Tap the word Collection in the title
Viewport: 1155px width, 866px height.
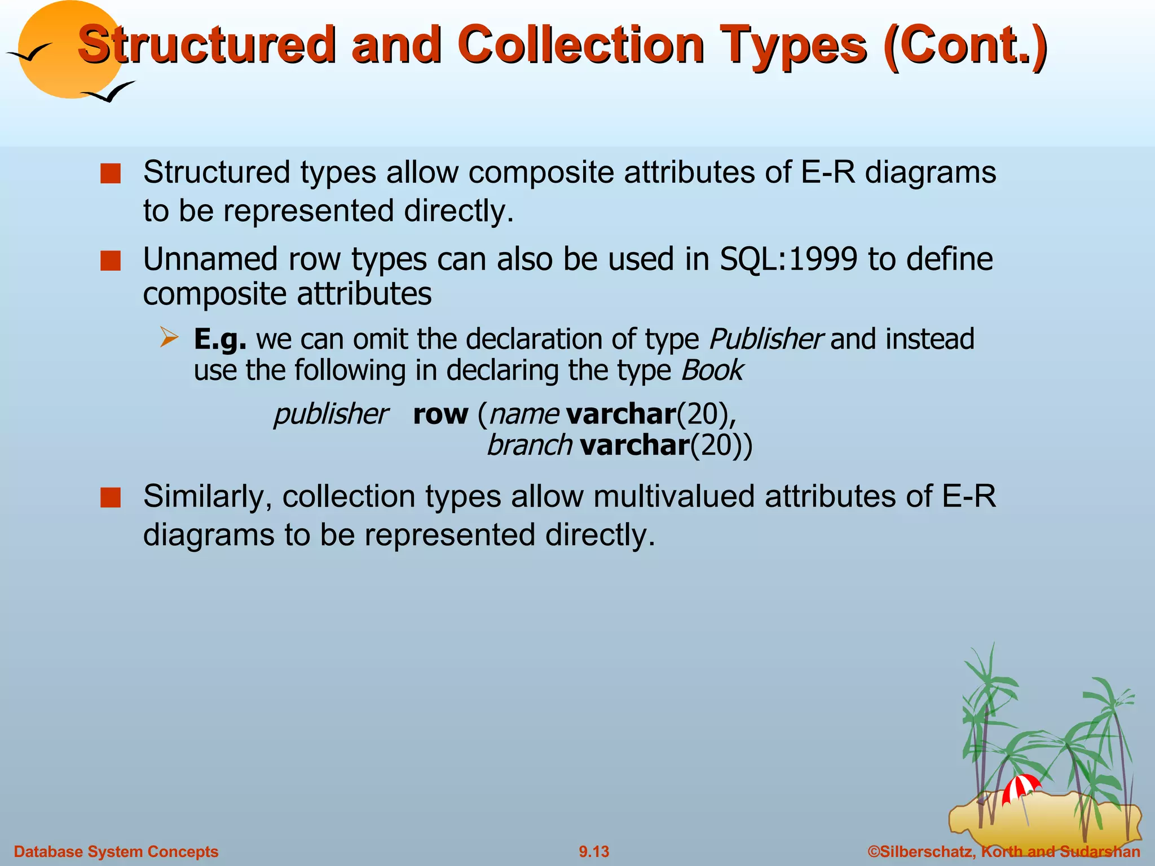[580, 45]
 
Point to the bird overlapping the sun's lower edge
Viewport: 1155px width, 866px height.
[110, 92]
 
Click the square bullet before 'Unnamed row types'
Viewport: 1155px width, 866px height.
[111, 261]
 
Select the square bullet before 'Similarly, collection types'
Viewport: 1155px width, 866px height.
[111, 498]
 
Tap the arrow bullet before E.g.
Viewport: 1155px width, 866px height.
[169, 338]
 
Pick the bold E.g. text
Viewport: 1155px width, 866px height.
[220, 339]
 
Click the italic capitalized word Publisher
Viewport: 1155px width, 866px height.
[765, 339]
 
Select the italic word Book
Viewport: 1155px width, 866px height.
[712, 371]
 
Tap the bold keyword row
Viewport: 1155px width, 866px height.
[440, 414]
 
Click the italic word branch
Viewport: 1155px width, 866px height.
[529, 445]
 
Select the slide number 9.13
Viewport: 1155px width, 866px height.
[594, 851]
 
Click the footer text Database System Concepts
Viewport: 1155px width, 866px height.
[116, 851]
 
